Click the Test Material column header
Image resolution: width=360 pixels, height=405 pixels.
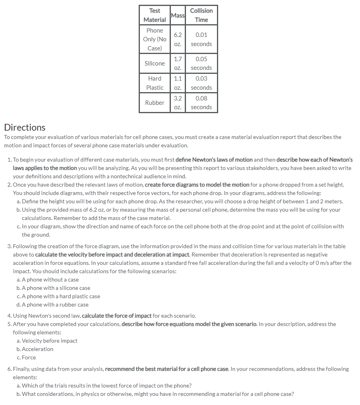(x=155, y=15)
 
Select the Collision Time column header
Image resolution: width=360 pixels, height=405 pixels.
(x=201, y=15)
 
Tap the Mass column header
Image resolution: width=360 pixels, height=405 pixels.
(x=178, y=15)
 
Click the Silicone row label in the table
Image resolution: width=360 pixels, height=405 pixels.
(x=155, y=63)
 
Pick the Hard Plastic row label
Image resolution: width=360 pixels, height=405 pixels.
(x=155, y=83)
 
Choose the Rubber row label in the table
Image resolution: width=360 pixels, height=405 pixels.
(x=155, y=102)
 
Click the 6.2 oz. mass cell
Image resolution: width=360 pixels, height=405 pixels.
(x=178, y=39)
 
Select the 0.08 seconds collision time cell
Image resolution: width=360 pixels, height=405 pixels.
(x=201, y=102)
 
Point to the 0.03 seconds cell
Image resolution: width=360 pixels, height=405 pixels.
(x=201, y=83)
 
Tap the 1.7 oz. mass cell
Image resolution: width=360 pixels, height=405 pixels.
(x=178, y=63)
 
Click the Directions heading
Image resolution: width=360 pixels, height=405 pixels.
(x=25, y=127)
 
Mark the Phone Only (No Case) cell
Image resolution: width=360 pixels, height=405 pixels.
(x=155, y=39)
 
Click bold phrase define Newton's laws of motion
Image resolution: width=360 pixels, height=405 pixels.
(x=214, y=160)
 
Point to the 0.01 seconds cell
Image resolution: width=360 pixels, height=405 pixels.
(x=201, y=39)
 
